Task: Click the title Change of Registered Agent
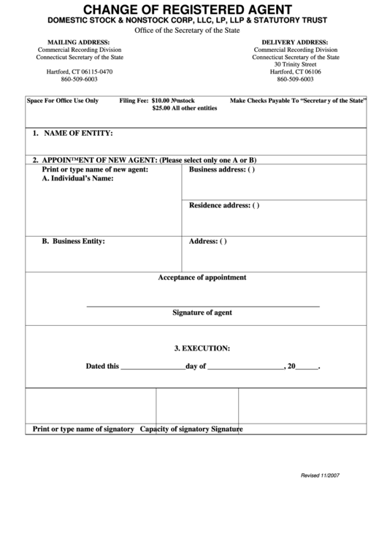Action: click(x=193, y=9)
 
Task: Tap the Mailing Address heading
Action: click(x=73, y=42)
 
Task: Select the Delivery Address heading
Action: click(x=295, y=42)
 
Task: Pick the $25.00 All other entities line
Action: click(x=185, y=108)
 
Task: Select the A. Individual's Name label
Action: click(x=77, y=178)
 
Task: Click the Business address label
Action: click(x=222, y=169)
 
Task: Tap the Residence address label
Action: click(x=224, y=205)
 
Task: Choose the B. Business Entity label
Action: click(x=73, y=240)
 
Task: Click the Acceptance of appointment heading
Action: click(x=202, y=278)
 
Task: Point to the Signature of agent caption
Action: click(x=202, y=313)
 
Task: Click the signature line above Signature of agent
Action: click(x=203, y=305)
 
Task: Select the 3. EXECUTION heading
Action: click(x=202, y=348)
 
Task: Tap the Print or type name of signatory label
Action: click(x=83, y=429)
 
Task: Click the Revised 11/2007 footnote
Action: click(x=320, y=475)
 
